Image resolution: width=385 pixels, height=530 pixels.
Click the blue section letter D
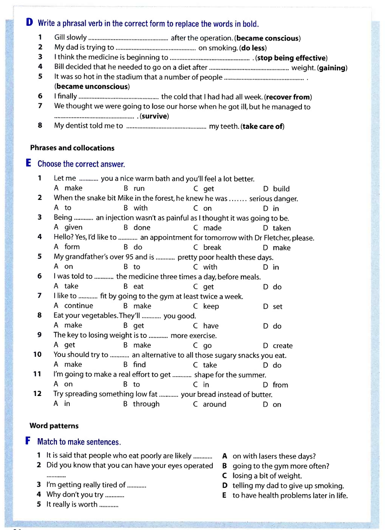29,23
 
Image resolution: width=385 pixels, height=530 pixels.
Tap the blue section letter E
29,163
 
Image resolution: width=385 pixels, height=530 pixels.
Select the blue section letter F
28,441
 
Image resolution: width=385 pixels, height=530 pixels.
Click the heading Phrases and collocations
72,148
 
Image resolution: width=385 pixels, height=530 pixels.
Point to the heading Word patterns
54,426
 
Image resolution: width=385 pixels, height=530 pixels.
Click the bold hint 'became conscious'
267,38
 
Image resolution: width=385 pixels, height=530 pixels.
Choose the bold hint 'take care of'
263,126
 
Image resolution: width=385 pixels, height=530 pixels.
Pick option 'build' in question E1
281,189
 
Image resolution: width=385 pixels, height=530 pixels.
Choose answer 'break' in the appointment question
212,247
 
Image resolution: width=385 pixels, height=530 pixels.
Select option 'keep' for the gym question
211,306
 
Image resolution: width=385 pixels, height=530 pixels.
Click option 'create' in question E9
283,346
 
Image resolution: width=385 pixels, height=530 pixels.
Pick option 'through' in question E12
146,404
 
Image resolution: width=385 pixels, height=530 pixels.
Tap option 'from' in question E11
280,385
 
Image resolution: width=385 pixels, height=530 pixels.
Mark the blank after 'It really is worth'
109,505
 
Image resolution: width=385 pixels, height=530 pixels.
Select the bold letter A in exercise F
224,456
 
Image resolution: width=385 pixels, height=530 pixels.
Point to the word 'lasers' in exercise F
267,456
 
